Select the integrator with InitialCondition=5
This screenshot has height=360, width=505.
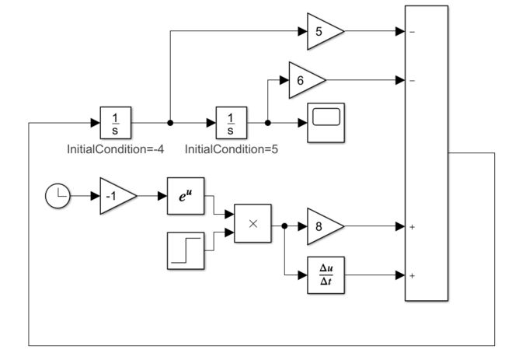(230, 123)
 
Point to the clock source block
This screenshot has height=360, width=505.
(57, 197)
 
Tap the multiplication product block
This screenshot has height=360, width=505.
(252, 222)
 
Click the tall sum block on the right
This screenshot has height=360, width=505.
(427, 153)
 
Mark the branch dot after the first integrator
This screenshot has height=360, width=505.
(170, 123)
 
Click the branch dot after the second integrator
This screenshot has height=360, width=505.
(267, 123)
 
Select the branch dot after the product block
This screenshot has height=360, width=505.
(286, 226)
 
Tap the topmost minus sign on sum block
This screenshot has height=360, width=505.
(412, 33)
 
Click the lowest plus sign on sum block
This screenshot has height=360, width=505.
(412, 275)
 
